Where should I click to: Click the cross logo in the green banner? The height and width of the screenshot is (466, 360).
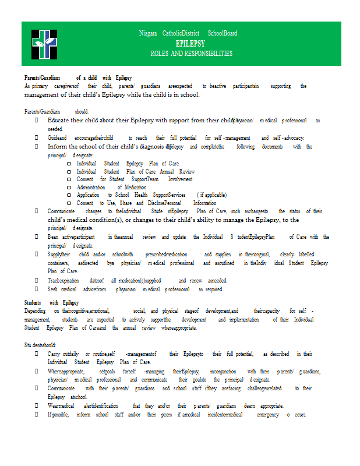pyautogui.click(x=44, y=43)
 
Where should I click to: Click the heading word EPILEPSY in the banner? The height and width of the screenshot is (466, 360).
pyautogui.click(x=190, y=44)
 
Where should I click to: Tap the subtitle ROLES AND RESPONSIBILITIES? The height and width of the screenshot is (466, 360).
pyautogui.click(x=191, y=53)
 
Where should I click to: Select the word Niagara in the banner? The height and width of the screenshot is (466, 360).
pyautogui.click(x=148, y=33)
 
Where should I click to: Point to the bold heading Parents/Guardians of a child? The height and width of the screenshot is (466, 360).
pyautogui.click(x=77, y=77)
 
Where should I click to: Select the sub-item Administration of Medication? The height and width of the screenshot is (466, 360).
pyautogui.click(x=111, y=188)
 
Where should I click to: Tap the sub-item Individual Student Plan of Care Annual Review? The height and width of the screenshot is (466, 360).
pyautogui.click(x=135, y=172)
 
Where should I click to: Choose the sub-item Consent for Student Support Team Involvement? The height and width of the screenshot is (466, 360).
pyautogui.click(x=135, y=179)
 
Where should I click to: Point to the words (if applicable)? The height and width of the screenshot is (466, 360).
pyautogui.click(x=212, y=195)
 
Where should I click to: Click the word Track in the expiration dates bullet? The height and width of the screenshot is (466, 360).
pyautogui.click(x=55, y=281)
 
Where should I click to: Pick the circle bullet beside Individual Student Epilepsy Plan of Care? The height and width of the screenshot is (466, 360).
pyautogui.click(x=69, y=164)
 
